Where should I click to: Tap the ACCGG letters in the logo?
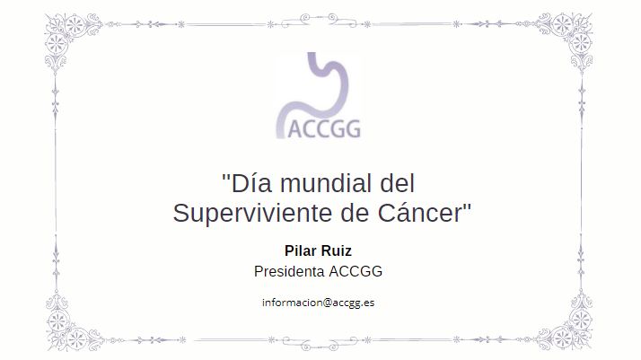coord(325,129)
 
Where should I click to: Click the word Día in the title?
coord(251,183)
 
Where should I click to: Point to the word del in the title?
coord(398,183)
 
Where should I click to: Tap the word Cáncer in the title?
coord(420,213)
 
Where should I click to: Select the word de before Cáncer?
coord(356,213)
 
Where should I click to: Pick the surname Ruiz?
coord(337,250)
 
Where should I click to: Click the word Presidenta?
coord(289,271)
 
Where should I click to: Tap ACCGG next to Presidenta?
coord(356,271)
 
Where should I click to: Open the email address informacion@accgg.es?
coord(318,303)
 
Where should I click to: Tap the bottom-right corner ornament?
coord(567,324)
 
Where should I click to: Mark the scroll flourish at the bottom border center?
coord(319,342)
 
